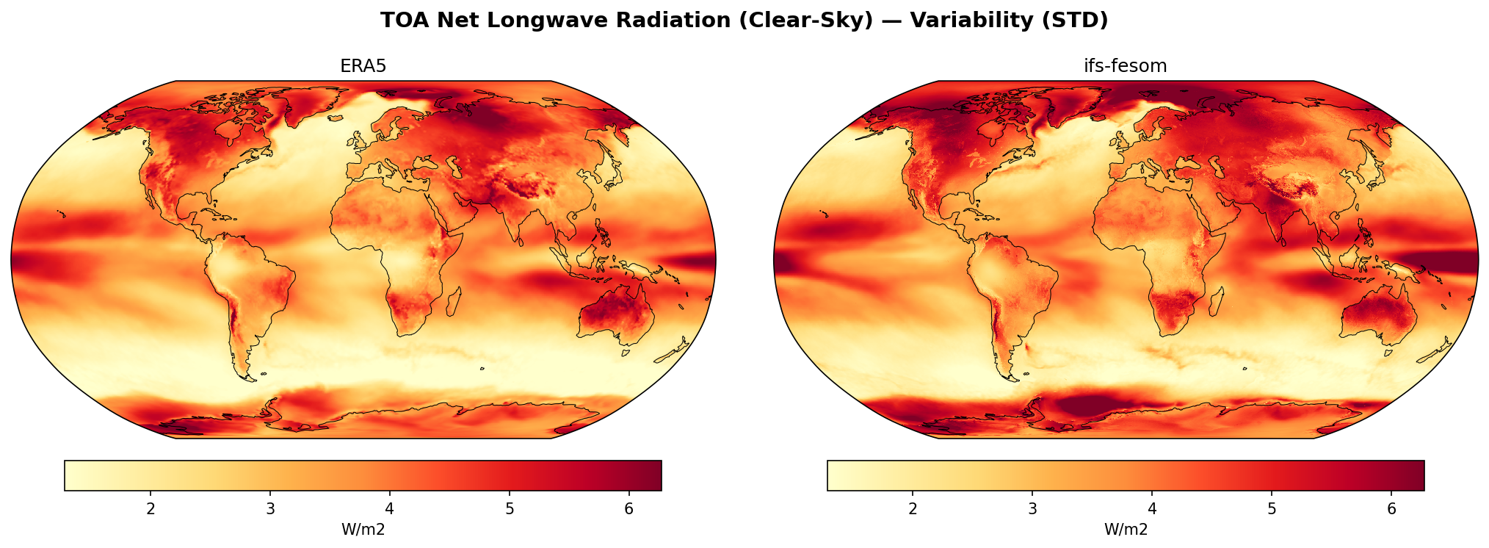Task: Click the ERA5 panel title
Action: pyautogui.click(x=363, y=66)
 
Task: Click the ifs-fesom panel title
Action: pyautogui.click(x=1125, y=66)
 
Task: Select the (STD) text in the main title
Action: pyautogui.click(x=1077, y=21)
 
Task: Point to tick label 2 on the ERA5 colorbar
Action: pyautogui.click(x=151, y=508)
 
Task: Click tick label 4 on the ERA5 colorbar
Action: pyautogui.click(x=389, y=508)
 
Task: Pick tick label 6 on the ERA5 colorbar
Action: pyautogui.click(x=628, y=508)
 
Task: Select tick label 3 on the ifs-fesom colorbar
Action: pyautogui.click(x=1032, y=508)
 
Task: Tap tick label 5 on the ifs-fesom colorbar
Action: pyautogui.click(x=1272, y=508)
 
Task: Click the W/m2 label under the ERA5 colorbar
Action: pyautogui.click(x=363, y=530)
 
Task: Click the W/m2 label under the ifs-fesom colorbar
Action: pyautogui.click(x=1126, y=530)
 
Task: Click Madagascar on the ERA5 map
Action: pyautogui.click(x=454, y=301)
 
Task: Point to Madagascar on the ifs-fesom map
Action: pyautogui.click(x=1217, y=301)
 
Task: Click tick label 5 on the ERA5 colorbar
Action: pyautogui.click(x=509, y=508)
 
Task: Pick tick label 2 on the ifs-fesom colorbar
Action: pyautogui.click(x=913, y=508)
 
